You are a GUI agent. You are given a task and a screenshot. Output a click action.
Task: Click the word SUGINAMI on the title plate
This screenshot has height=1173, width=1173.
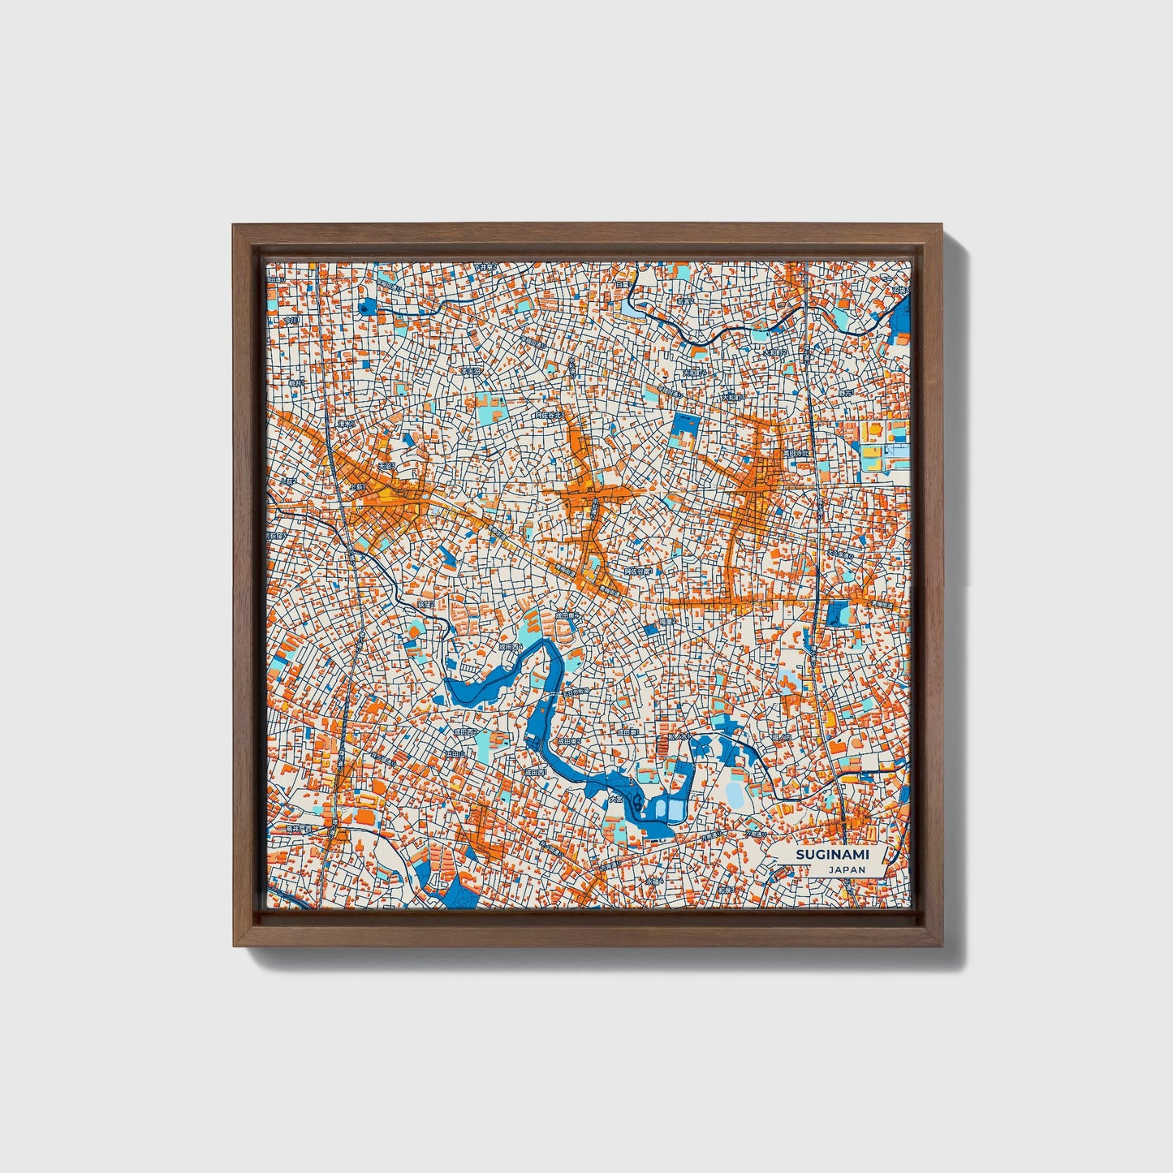(826, 855)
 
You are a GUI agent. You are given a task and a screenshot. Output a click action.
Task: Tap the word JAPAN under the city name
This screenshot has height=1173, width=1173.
(847, 869)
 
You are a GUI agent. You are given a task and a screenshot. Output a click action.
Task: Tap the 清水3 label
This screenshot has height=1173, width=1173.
(347, 423)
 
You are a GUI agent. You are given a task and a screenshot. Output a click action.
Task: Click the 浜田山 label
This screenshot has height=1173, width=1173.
(455, 754)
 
